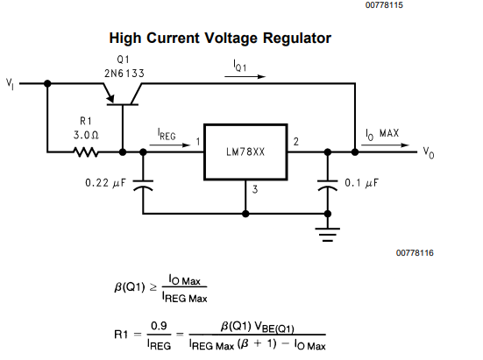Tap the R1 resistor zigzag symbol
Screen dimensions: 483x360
[x=86, y=152]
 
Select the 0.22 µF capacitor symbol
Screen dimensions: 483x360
[x=143, y=185]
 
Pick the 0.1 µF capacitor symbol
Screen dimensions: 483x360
[x=328, y=185]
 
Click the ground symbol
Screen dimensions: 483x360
[x=328, y=235]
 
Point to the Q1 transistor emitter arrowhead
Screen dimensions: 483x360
[x=110, y=99]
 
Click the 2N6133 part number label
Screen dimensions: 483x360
[x=124, y=74]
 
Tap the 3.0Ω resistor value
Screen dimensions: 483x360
[x=86, y=135]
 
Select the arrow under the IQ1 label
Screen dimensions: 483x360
[x=245, y=76]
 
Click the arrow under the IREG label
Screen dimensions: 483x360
[x=170, y=145]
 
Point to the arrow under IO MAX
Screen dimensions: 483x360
[x=385, y=145]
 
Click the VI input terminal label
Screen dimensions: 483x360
[x=10, y=84]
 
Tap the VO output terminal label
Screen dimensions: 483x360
[x=429, y=152]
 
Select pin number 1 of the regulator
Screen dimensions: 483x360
[x=198, y=142]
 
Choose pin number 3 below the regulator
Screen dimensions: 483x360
[x=255, y=189]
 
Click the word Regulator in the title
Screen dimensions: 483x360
[x=297, y=39]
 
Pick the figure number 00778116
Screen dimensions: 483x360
[x=415, y=253]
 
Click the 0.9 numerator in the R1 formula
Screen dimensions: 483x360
[x=159, y=326]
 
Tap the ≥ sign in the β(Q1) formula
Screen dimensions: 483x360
[x=153, y=287]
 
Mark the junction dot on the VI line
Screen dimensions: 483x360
[x=47, y=83]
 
